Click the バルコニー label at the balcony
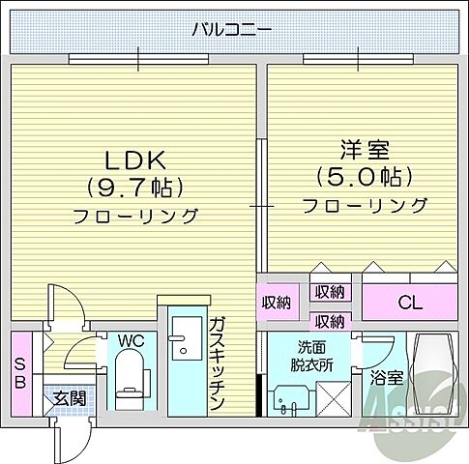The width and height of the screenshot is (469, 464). tap(231, 29)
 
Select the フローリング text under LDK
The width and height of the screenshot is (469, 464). tap(135, 215)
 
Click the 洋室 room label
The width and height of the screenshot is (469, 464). tap(363, 150)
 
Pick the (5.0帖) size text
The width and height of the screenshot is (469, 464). tap(365, 177)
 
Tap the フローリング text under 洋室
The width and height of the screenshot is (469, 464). tap(365, 205)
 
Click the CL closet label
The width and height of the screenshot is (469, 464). tap(410, 304)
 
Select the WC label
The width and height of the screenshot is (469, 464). tap(131, 340)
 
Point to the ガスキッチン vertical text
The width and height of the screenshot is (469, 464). tap(218, 364)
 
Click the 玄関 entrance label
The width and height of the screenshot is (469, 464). tap(68, 398)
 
